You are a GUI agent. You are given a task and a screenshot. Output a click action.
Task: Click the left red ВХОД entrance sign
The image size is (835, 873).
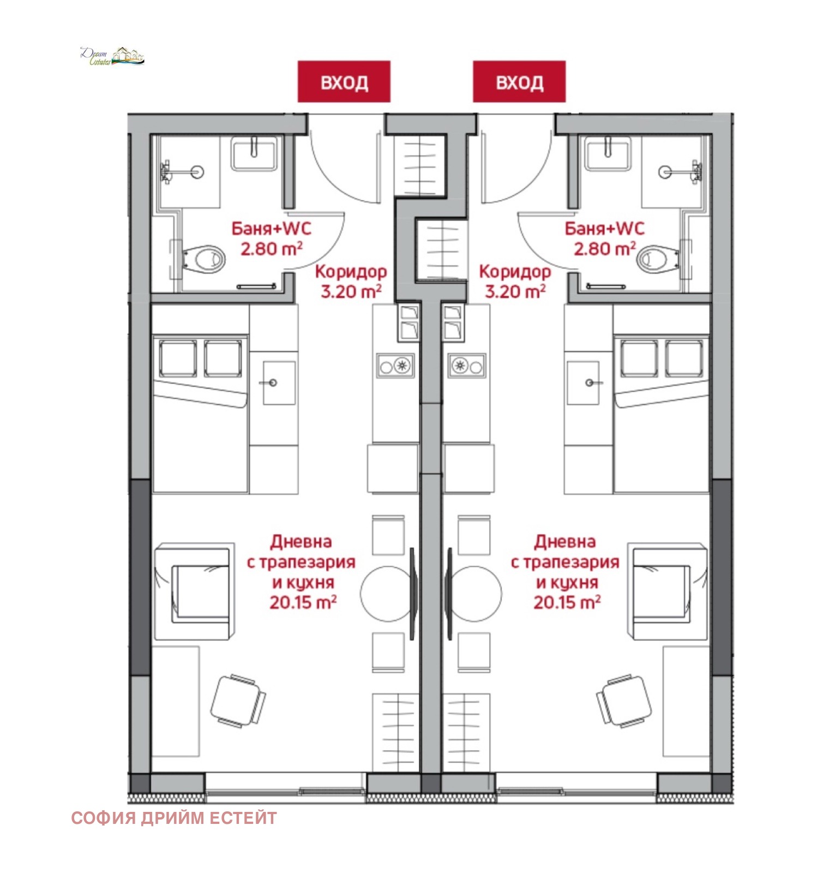tap(344, 81)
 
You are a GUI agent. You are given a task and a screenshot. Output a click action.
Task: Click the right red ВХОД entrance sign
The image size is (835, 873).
tap(519, 81)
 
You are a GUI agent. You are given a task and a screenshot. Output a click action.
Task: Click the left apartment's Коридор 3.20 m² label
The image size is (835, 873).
tap(351, 282)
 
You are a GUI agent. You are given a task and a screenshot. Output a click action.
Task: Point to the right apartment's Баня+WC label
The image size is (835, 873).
tap(604, 228)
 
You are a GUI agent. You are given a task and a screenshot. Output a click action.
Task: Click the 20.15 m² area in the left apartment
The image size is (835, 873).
tap(303, 602)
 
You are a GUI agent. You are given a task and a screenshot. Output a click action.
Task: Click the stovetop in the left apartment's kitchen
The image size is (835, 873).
tap(395, 366)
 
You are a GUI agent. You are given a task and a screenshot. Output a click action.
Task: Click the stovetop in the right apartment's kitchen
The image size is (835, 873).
tap(466, 366)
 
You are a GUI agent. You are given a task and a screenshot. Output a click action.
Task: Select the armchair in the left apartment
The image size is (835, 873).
tap(194, 591)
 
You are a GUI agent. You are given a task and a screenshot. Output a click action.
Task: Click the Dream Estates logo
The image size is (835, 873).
tap(112, 56)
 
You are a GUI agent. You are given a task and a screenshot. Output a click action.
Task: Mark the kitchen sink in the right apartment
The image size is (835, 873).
tap(583, 382)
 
